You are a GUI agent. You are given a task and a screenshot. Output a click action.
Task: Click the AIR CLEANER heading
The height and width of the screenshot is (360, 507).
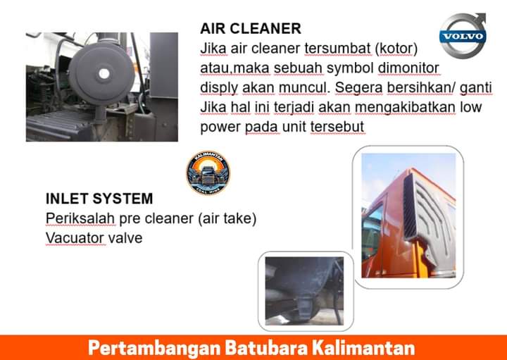click(251, 28)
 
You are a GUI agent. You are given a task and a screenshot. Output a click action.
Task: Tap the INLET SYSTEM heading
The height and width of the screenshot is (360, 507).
click(99, 199)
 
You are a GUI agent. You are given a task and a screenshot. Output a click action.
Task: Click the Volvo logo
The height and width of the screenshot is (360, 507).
click(463, 35)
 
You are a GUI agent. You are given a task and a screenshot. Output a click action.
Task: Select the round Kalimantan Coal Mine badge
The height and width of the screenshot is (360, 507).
click(208, 173)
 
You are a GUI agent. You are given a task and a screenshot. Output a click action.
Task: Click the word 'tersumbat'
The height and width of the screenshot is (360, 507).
click(337, 49)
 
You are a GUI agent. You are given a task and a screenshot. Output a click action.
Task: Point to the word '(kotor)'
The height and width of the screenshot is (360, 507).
click(396, 49)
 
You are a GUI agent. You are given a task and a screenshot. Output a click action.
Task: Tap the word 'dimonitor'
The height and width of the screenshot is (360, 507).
click(408, 68)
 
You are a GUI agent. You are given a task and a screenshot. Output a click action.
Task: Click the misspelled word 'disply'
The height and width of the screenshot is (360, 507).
click(219, 88)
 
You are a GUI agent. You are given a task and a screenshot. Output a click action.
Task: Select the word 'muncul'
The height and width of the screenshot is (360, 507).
click(303, 87)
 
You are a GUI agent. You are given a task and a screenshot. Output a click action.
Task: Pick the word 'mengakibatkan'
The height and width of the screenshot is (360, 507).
click(405, 107)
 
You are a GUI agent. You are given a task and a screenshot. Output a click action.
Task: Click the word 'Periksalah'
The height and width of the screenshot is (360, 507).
click(80, 218)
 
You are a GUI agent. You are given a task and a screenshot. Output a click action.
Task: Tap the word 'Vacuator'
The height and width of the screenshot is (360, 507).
click(75, 238)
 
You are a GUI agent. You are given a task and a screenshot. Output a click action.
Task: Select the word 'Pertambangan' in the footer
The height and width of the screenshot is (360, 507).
click(154, 349)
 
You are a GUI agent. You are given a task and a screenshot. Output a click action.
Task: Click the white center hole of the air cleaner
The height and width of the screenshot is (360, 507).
click(104, 73)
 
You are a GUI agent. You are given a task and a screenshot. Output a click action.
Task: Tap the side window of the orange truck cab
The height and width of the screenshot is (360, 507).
click(372, 229)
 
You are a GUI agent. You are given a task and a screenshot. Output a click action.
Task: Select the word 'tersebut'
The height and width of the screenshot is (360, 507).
click(337, 127)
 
